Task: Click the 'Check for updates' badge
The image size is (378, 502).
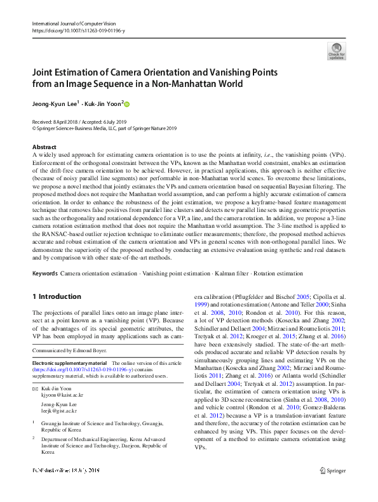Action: pyautogui.click(x=336, y=51)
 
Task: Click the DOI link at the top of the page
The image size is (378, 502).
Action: pyautogui.click(x=78, y=30)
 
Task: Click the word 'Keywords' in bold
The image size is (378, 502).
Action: pyautogui.click(x=45, y=274)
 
